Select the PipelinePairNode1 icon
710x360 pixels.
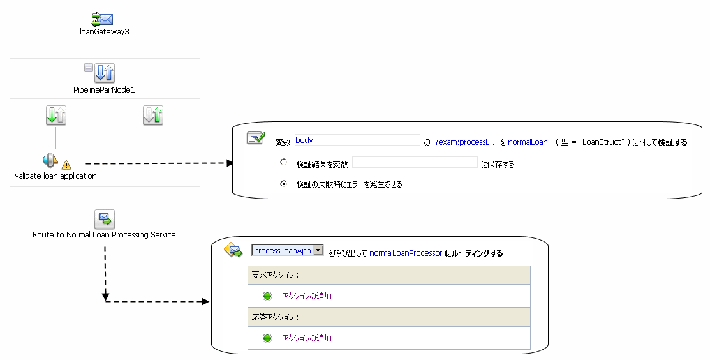[x=105, y=73]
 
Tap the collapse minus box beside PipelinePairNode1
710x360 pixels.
[x=89, y=68]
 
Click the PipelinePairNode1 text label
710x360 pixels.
[x=105, y=90]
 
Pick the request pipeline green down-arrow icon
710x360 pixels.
[x=56, y=116]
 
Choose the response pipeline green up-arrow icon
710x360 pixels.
[x=153, y=116]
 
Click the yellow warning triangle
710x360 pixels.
[x=66, y=165]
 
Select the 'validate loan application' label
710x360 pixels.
[x=56, y=176]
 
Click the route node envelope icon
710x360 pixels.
[x=105, y=219]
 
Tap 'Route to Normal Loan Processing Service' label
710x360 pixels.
[x=104, y=235]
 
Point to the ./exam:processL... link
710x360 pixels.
[x=465, y=142]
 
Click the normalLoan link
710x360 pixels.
[x=528, y=142]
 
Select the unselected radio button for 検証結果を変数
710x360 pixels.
[x=284, y=163]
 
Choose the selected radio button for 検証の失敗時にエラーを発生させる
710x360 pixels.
[x=284, y=183]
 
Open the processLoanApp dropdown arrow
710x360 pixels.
[x=318, y=251]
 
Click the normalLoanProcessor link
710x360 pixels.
[x=406, y=253]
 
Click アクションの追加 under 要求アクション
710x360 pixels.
[x=307, y=296]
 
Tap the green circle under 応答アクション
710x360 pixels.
[x=267, y=338]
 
